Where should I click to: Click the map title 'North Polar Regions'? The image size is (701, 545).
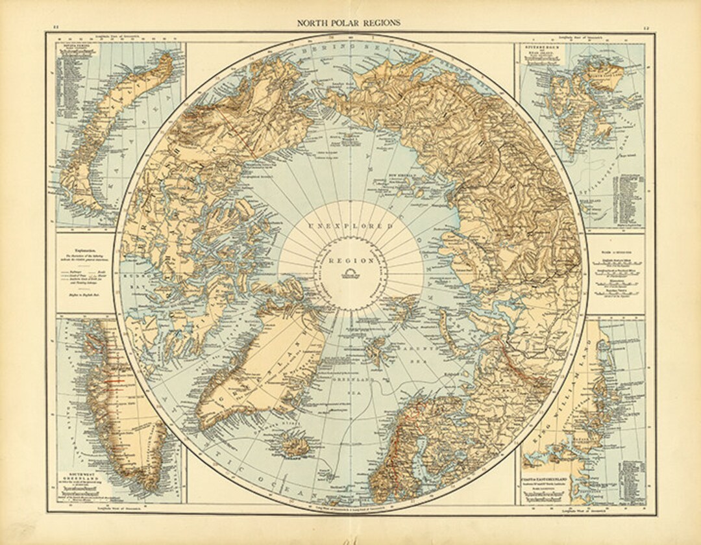pos(349,22)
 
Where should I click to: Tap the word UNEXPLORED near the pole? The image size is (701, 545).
pos(350,226)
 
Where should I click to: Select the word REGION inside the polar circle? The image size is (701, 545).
pos(351,260)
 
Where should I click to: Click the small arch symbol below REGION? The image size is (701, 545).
pos(351,272)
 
